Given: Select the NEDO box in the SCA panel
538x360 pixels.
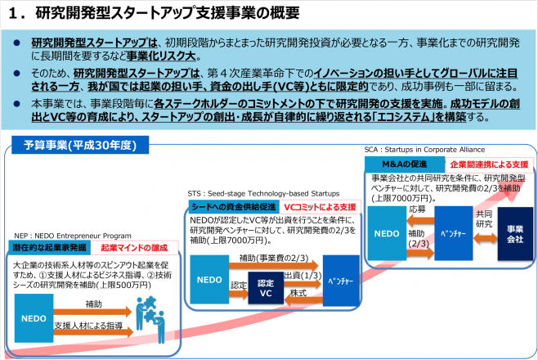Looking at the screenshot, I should coord(388,233).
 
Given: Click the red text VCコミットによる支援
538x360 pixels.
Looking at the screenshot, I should coord(319,207).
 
